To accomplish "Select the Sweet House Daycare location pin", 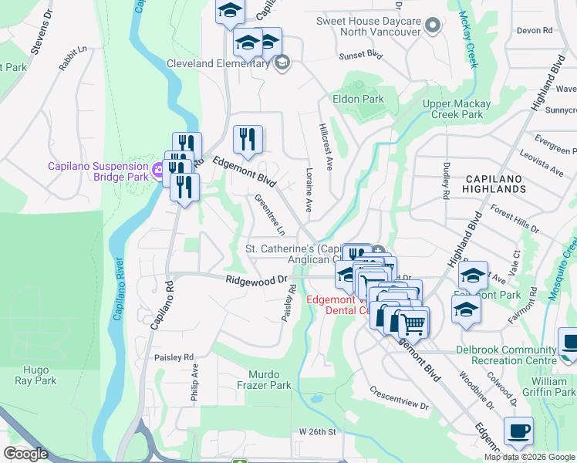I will coord(433,26).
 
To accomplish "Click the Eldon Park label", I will coord(358,99).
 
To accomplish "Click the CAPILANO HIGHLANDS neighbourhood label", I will coord(495,184).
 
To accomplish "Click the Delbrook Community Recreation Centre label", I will coord(506,355).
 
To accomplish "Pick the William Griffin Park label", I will coord(553,387).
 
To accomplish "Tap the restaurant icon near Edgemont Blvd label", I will coord(248,140).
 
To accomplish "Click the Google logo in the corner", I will coord(26,454).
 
